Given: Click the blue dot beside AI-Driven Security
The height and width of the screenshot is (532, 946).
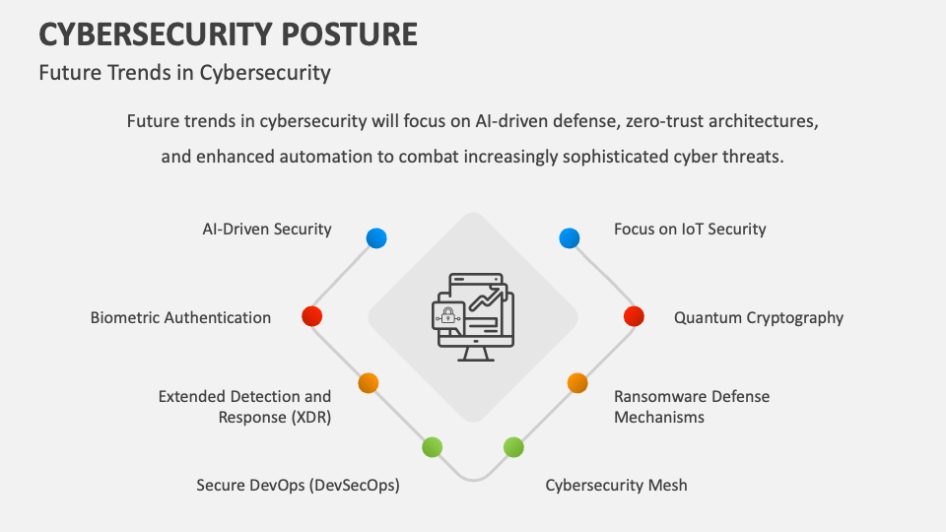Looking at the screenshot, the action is click(376, 238).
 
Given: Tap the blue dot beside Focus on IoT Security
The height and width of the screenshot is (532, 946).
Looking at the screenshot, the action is click(570, 238).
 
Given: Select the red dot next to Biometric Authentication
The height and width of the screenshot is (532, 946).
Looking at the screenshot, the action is click(312, 316).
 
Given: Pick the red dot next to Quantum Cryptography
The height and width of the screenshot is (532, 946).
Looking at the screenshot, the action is click(634, 316).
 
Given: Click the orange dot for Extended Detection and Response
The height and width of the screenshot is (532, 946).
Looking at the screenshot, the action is click(368, 383).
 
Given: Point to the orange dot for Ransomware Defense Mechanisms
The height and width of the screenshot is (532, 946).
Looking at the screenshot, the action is click(577, 383).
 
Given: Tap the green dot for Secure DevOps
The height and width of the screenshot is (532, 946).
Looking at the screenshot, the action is click(432, 447).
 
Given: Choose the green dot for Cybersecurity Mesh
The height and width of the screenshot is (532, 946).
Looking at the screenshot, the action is click(513, 447).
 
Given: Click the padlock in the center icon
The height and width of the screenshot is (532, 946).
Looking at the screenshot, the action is click(447, 315).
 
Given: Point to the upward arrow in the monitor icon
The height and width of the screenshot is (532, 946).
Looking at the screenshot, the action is click(489, 299).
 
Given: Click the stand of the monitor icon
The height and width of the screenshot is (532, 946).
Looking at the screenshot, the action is click(475, 354).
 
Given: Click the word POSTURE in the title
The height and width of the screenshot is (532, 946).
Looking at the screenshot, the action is click(349, 34).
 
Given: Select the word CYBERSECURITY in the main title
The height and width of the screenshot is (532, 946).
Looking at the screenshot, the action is click(156, 34).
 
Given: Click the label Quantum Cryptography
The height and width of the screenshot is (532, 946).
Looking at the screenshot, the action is click(759, 318).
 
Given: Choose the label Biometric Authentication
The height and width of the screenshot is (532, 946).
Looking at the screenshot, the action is click(180, 318).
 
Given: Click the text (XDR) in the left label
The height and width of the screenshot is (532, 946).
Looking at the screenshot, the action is click(311, 418).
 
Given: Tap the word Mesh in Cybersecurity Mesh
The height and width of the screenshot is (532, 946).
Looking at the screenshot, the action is click(667, 485).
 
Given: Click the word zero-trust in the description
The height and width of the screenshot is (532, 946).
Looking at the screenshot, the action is click(665, 121).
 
